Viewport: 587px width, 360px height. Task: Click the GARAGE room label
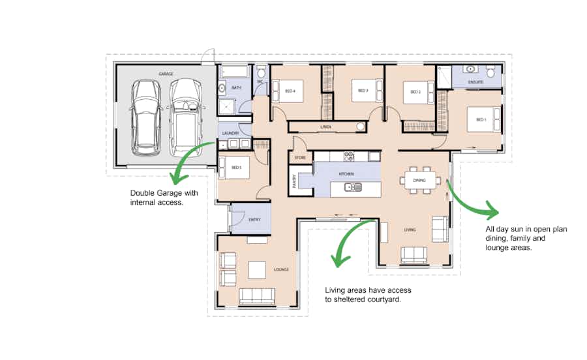[165, 74]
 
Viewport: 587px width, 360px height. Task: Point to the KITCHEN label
[346, 174]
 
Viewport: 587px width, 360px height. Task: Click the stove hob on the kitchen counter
[349, 156]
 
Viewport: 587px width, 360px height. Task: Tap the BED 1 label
[481, 120]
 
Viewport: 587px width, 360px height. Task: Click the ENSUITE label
[475, 82]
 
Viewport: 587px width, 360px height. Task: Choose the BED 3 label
[363, 91]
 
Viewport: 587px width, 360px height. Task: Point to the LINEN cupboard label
[325, 127]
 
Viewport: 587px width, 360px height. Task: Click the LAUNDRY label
[230, 133]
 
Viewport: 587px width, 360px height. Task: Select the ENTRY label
[254, 220]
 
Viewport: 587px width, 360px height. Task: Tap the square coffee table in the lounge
[255, 269]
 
